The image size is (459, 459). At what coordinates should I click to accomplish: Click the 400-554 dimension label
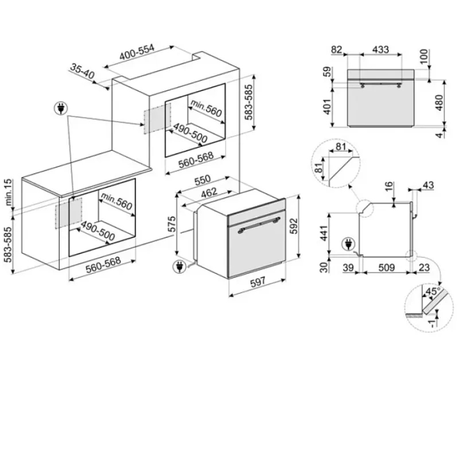(x=137, y=52)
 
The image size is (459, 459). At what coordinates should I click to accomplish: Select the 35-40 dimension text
(x=82, y=71)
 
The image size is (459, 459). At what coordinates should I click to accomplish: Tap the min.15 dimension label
(x=9, y=192)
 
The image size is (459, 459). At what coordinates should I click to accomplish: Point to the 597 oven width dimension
(x=258, y=282)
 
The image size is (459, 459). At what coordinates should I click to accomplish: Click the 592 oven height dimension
(x=294, y=225)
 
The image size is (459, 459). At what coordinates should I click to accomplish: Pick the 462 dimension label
(x=209, y=192)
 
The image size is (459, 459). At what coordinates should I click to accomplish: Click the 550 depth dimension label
(x=203, y=181)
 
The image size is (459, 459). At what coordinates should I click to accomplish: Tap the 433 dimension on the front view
(x=380, y=49)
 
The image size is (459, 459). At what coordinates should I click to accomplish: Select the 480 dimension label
(x=439, y=103)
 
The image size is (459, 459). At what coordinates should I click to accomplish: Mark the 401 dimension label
(x=327, y=106)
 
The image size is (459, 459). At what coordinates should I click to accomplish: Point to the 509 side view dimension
(x=386, y=267)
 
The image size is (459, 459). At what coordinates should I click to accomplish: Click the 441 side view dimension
(x=324, y=233)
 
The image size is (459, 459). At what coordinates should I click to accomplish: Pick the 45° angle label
(x=433, y=291)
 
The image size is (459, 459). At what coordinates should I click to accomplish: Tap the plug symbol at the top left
(x=61, y=108)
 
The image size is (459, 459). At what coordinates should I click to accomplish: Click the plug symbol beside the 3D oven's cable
(x=180, y=267)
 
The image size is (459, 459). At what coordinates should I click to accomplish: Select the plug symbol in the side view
(x=348, y=244)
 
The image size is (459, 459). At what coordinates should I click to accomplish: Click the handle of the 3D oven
(x=259, y=224)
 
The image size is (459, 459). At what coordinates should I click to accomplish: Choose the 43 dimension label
(x=428, y=185)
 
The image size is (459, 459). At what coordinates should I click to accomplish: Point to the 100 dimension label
(x=423, y=57)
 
